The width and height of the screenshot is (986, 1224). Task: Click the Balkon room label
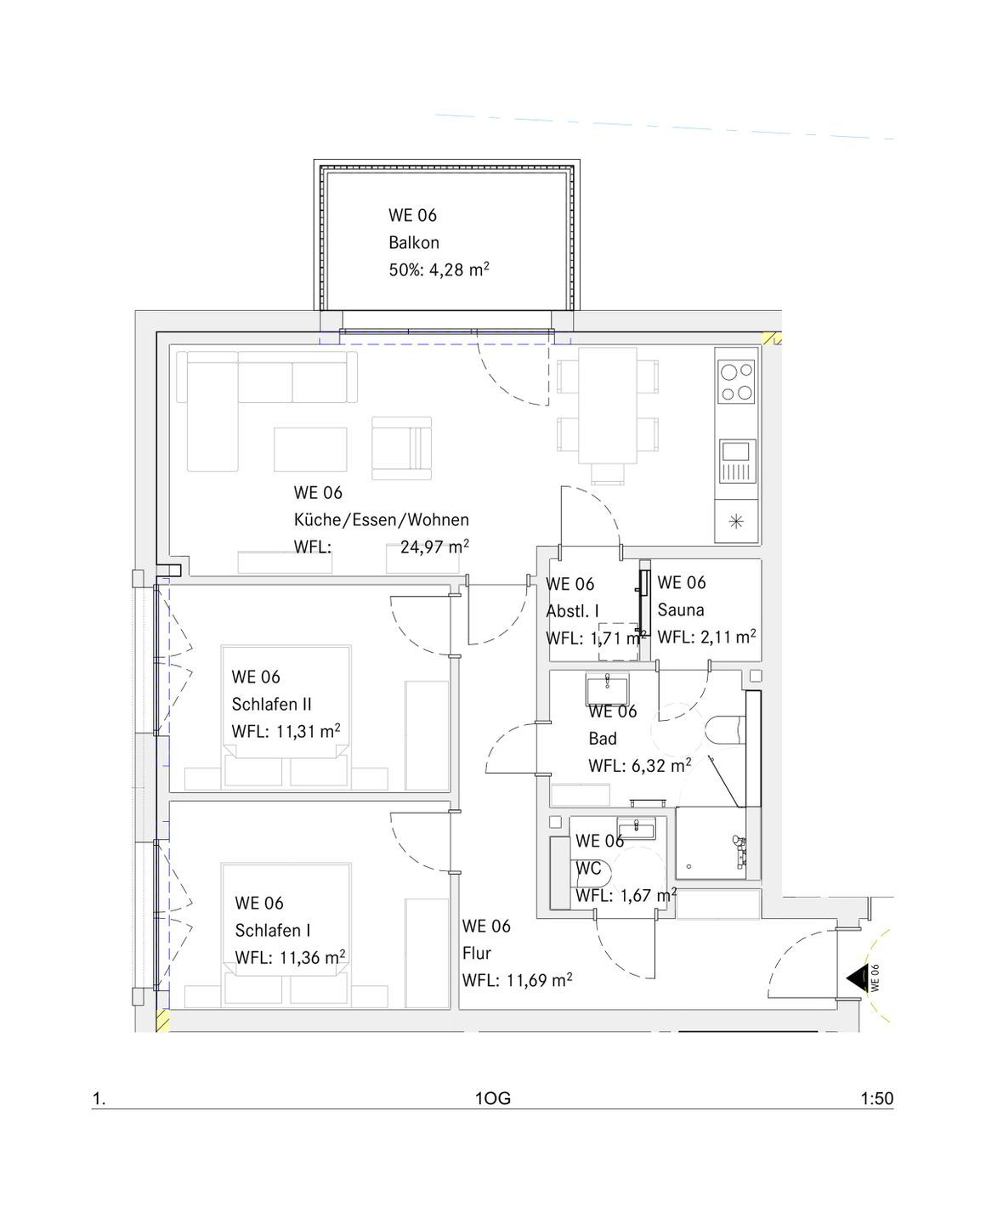[x=414, y=243]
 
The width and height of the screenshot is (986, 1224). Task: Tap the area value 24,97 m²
[x=434, y=547]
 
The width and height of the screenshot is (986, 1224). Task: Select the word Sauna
[x=681, y=609]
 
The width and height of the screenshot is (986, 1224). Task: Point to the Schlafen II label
[x=271, y=704]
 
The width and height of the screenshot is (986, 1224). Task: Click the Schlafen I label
[x=273, y=931]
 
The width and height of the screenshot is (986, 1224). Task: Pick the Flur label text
[x=477, y=953]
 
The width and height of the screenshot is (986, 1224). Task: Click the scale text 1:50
[x=876, y=1098]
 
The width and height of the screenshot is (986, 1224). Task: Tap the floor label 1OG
[x=493, y=1098]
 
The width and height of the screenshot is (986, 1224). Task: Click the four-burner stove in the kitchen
[x=737, y=382]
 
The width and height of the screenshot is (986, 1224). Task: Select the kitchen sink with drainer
[x=737, y=461]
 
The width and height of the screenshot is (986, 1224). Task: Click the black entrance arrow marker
[x=854, y=979]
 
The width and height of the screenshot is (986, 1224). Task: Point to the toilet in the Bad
[x=725, y=730]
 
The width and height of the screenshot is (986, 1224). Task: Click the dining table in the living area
[x=607, y=405]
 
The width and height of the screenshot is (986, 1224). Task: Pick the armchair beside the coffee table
[x=401, y=448]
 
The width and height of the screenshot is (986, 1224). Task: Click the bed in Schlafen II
[x=286, y=716]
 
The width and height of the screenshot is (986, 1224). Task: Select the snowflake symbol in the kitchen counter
[x=736, y=521]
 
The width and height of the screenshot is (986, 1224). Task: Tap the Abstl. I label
[x=572, y=611]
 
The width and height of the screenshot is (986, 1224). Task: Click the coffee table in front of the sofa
[x=310, y=450]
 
